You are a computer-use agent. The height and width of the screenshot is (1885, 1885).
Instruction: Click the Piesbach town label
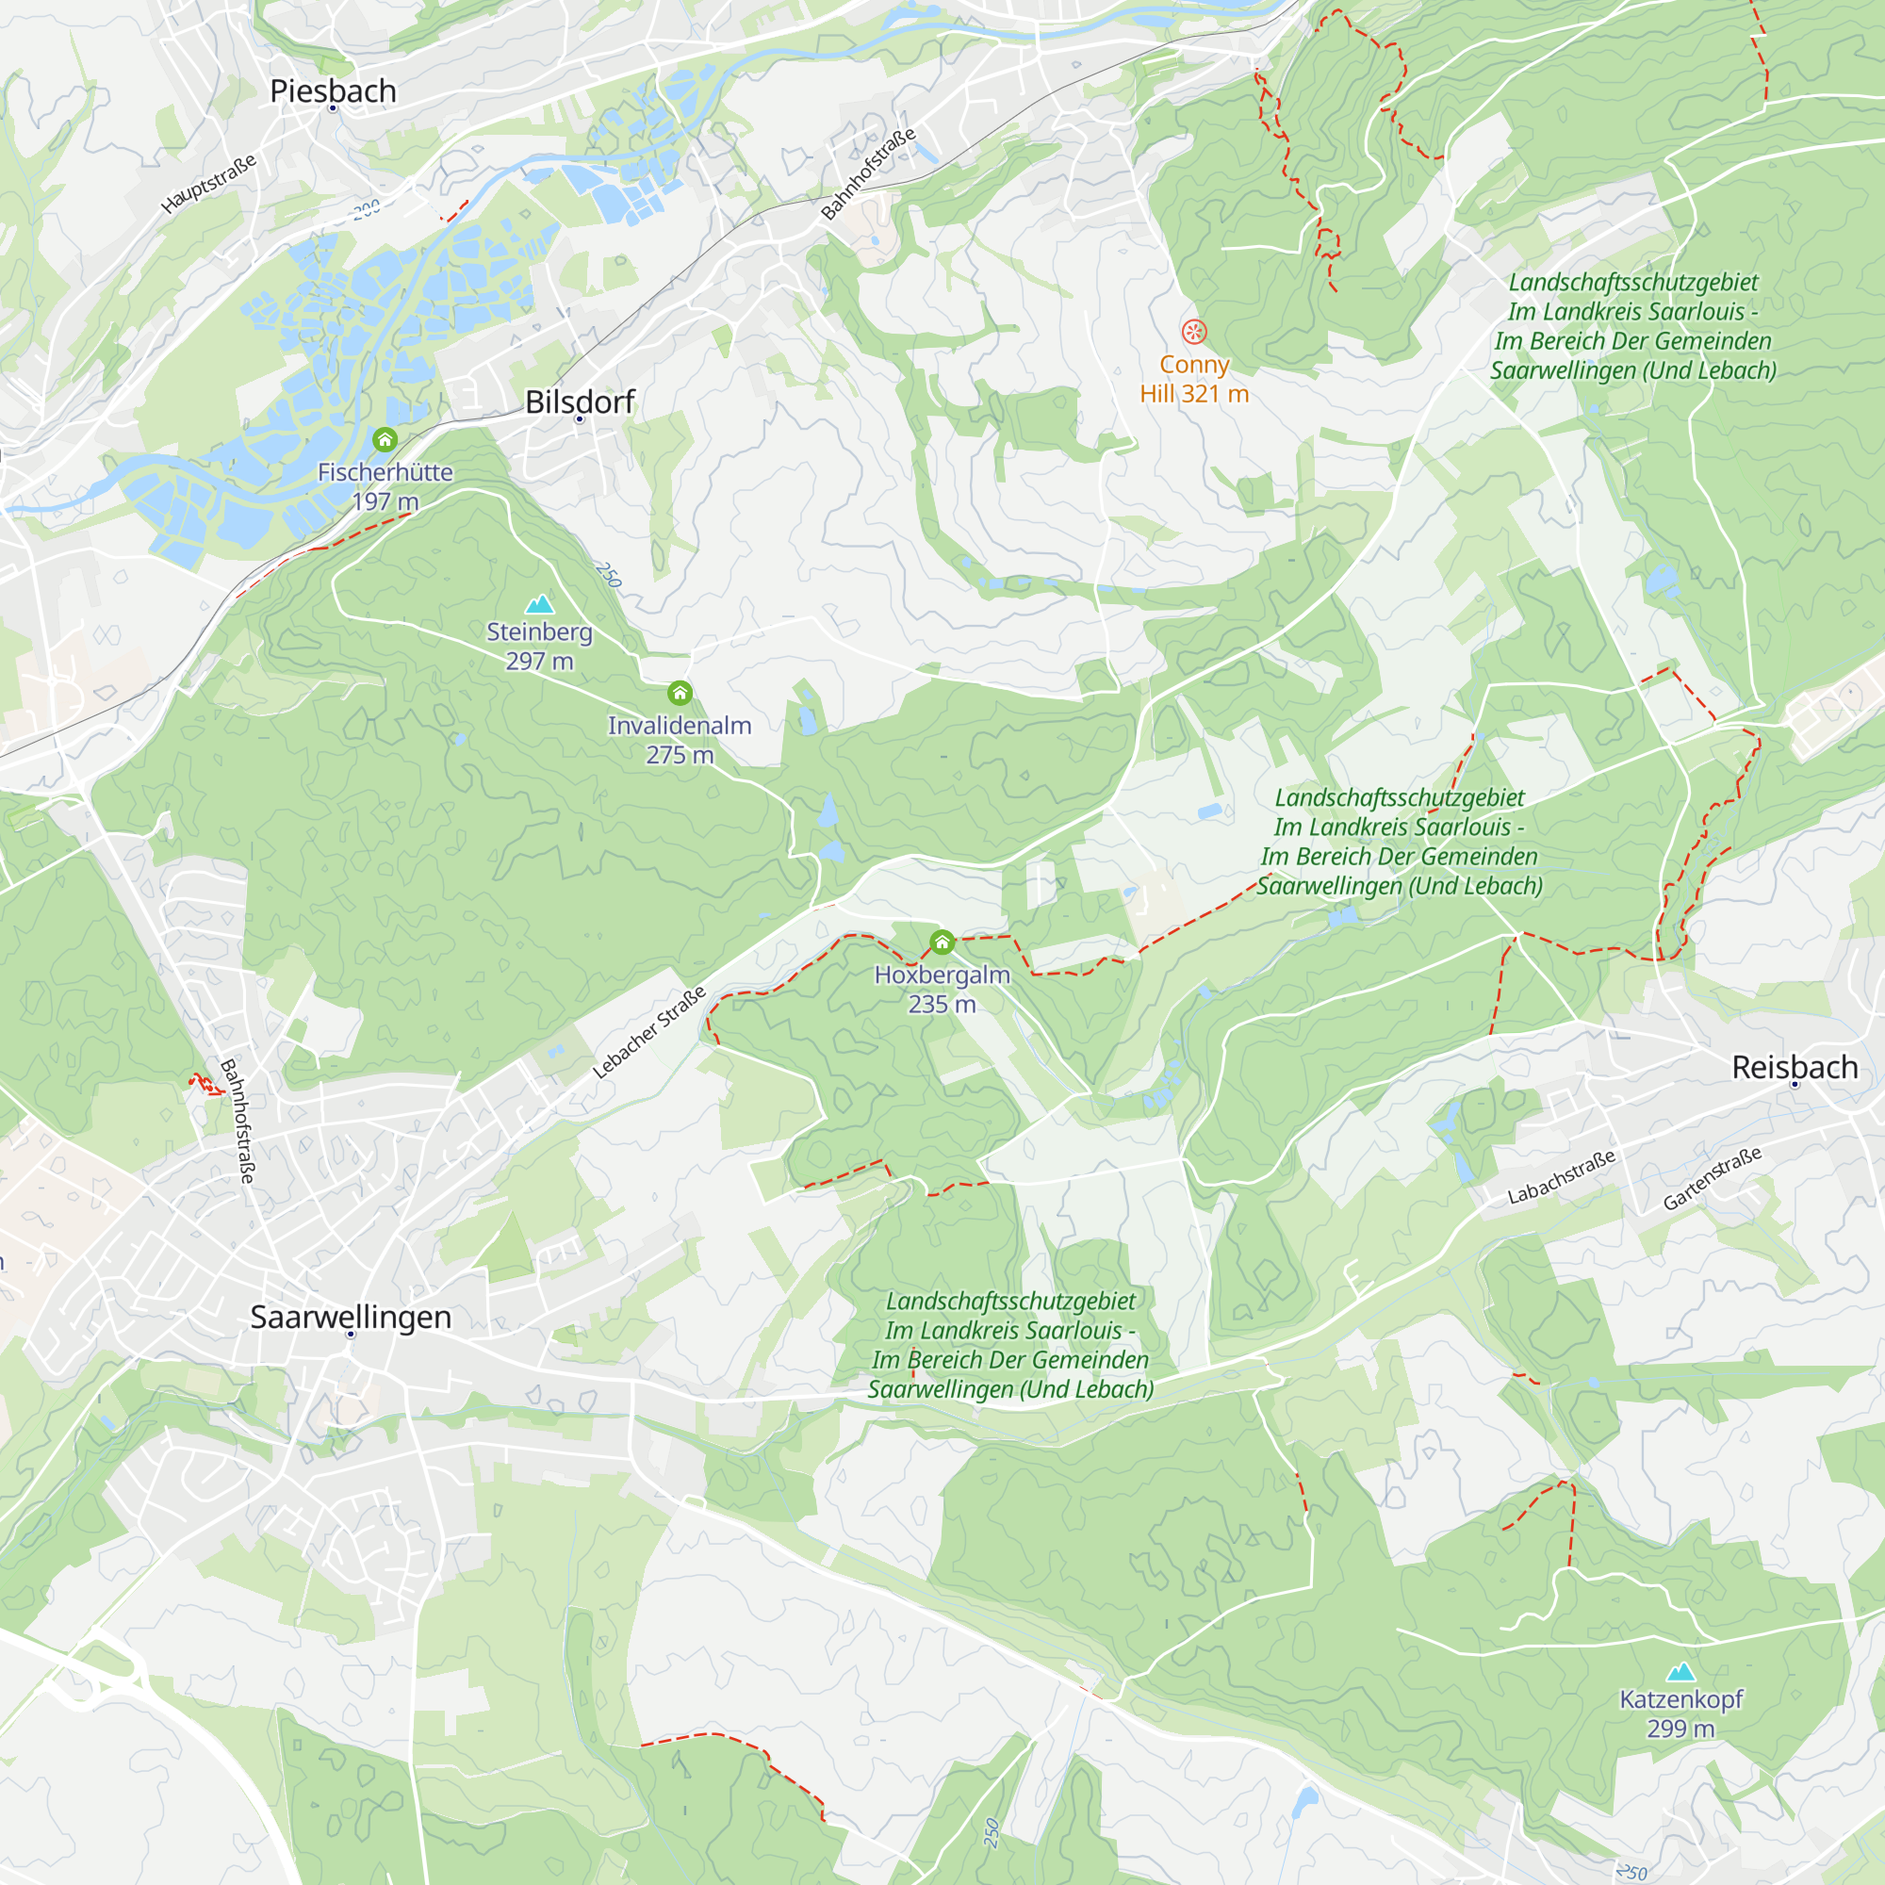pyautogui.click(x=333, y=90)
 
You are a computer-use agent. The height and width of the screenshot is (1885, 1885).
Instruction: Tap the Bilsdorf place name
pyautogui.click(x=580, y=401)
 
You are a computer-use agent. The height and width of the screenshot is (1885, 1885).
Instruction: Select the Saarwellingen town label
pyautogui.click(x=351, y=1316)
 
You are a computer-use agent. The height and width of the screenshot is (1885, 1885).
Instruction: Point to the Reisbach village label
pyautogui.click(x=1795, y=1066)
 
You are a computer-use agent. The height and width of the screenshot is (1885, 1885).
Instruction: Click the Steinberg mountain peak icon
pyautogui.click(x=539, y=604)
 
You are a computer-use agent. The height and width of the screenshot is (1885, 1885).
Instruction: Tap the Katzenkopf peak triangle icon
pyautogui.click(x=1680, y=1672)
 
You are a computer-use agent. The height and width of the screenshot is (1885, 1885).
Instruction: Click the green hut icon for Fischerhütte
pyautogui.click(x=385, y=439)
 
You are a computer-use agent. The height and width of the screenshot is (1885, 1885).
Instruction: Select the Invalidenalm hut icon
pyautogui.click(x=680, y=693)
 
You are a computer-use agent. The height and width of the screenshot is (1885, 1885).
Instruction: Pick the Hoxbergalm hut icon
pyautogui.click(x=942, y=942)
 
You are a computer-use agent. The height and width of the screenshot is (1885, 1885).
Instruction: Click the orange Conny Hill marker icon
pyautogui.click(x=1194, y=332)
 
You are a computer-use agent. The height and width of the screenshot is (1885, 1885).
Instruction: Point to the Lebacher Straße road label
pyautogui.click(x=648, y=1032)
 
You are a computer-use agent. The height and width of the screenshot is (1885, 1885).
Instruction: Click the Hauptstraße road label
pyautogui.click(x=209, y=183)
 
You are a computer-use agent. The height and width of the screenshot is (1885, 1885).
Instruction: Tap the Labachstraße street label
pyautogui.click(x=1561, y=1175)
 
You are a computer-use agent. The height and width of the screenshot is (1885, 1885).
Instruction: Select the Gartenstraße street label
pyautogui.click(x=1713, y=1177)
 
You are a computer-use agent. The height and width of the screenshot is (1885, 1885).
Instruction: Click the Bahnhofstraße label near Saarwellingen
pyautogui.click(x=238, y=1121)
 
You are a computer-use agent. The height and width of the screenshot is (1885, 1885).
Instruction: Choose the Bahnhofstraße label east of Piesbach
pyautogui.click(x=868, y=173)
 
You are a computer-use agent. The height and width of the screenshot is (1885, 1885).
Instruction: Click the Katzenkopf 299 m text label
pyautogui.click(x=1680, y=1713)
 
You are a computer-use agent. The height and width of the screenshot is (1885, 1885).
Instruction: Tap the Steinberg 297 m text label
pyautogui.click(x=539, y=646)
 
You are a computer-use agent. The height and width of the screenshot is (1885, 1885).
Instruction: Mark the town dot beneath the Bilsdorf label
pyautogui.click(x=580, y=419)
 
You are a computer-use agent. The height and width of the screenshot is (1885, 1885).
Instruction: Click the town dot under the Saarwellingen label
pyautogui.click(x=352, y=1334)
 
